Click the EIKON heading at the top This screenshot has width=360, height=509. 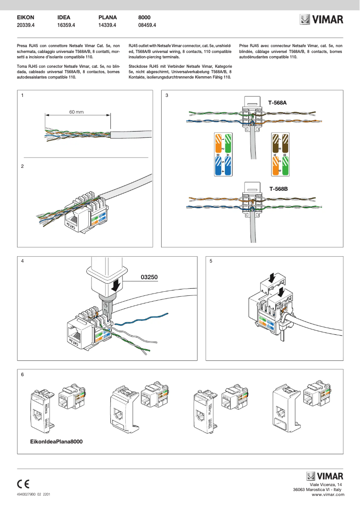[26, 18]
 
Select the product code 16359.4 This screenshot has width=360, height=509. [66, 26]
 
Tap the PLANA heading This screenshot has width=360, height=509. [108, 18]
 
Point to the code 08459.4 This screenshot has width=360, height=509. [147, 26]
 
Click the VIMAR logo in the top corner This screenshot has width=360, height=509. [321, 20]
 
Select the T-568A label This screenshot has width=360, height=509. [277, 103]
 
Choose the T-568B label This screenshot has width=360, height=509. [278, 189]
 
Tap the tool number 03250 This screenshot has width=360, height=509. [149, 277]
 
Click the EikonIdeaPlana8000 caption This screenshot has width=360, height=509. [57, 441]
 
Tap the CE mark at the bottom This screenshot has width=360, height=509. [23, 484]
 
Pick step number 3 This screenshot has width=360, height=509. [167, 96]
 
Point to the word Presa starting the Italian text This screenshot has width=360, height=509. [22, 46]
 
